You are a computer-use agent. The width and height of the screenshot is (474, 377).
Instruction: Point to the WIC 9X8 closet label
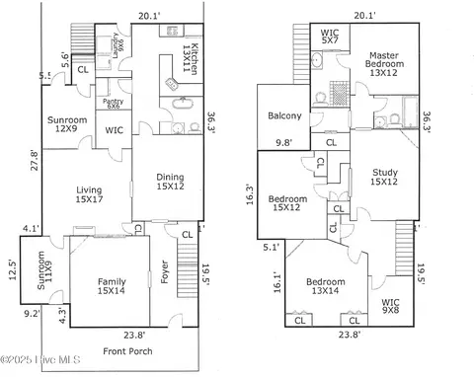tap(392, 306)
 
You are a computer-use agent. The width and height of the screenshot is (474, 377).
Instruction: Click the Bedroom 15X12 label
tap(287, 203)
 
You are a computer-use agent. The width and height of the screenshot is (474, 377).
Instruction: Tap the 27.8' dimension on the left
tap(34, 160)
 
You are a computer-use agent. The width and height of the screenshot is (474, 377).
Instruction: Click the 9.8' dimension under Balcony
tap(282, 142)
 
